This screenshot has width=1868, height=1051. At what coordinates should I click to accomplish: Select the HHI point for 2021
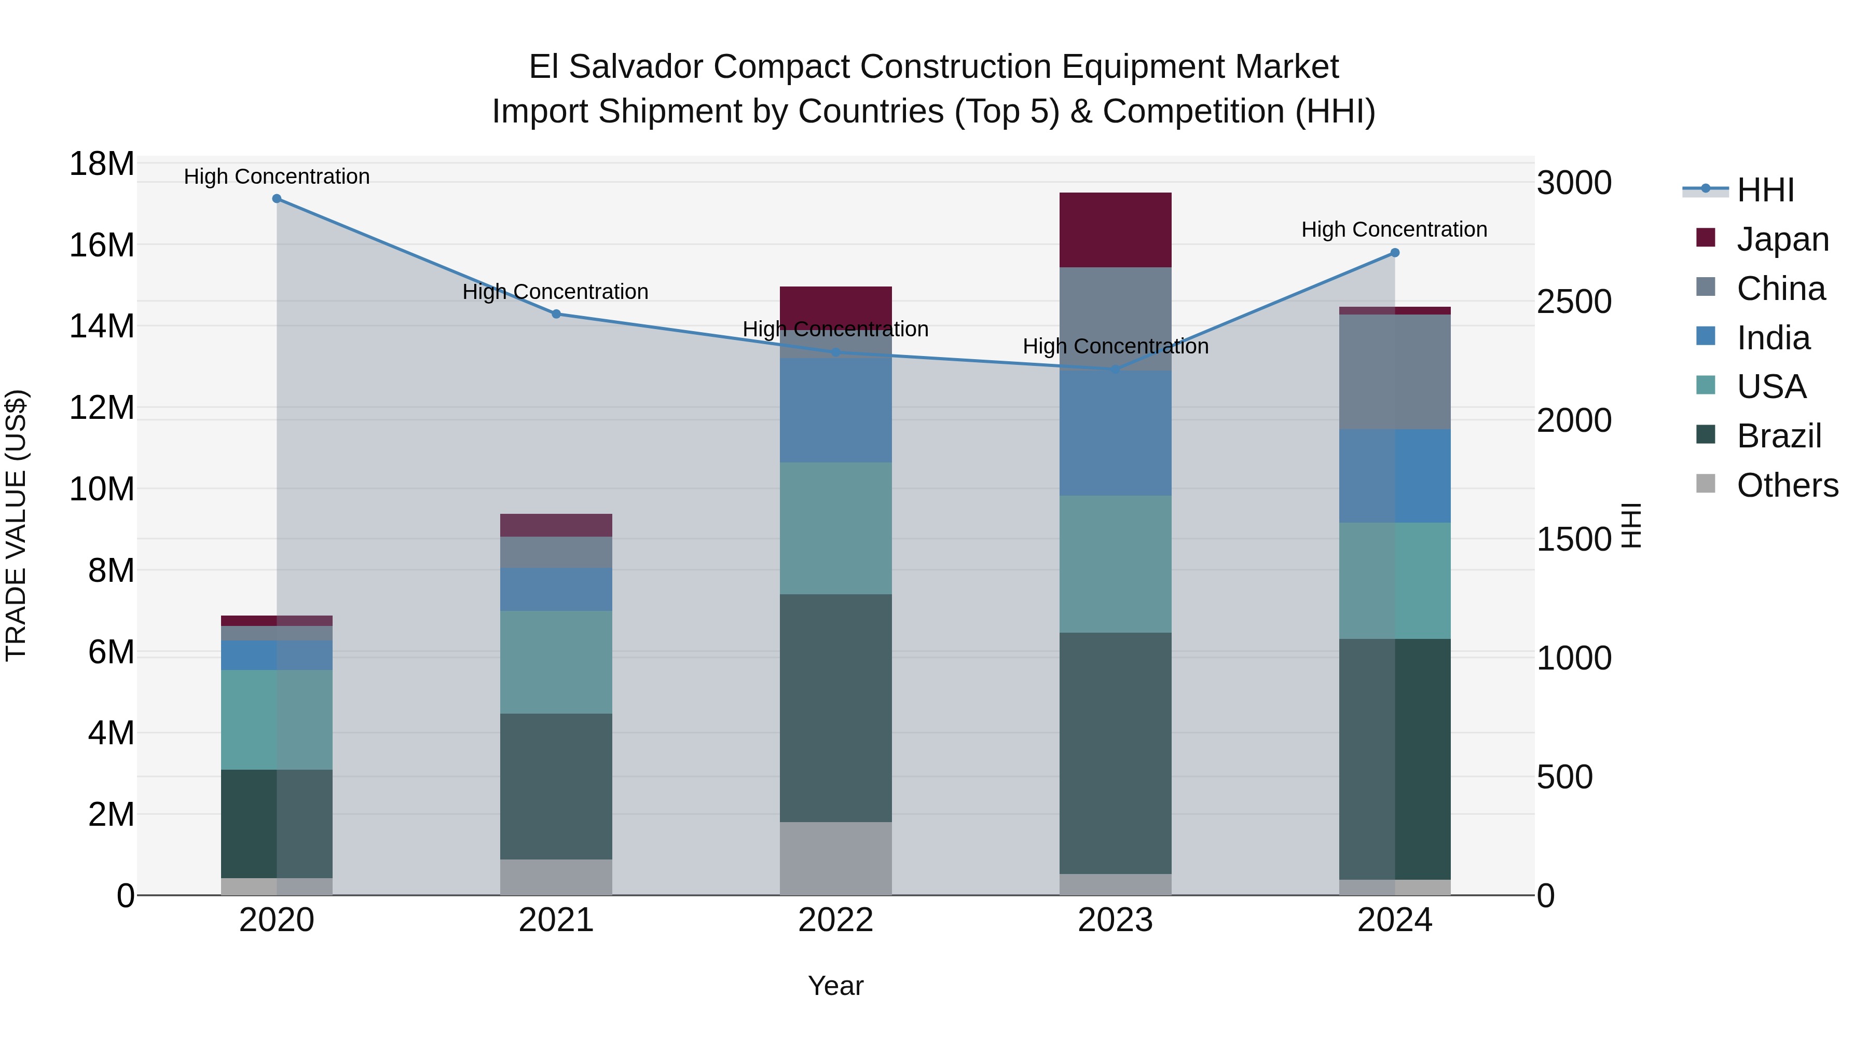pyautogui.click(x=556, y=314)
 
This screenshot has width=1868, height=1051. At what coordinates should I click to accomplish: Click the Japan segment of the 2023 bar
pyautogui.click(x=1115, y=230)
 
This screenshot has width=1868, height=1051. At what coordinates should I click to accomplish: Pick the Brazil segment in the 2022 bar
pyautogui.click(x=835, y=708)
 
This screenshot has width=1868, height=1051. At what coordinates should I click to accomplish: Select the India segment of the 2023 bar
pyautogui.click(x=1115, y=433)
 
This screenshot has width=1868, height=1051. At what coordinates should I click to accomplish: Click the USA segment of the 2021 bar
pyautogui.click(x=556, y=662)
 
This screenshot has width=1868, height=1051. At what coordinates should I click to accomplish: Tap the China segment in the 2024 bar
pyautogui.click(x=1394, y=372)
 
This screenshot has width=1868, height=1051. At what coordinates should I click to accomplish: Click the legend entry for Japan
pyautogui.click(x=1782, y=239)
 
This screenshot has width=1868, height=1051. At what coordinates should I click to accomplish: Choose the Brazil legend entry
pyautogui.click(x=1778, y=436)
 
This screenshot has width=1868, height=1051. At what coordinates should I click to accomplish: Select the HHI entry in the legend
pyautogui.click(x=1765, y=190)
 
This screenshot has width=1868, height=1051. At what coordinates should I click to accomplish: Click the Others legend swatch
pyautogui.click(x=1706, y=484)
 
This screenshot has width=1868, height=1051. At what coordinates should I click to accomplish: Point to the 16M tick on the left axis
pyautogui.click(x=102, y=245)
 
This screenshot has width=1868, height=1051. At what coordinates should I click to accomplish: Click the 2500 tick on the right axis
pyautogui.click(x=1574, y=302)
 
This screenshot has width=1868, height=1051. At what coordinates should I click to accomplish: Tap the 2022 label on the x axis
pyautogui.click(x=835, y=920)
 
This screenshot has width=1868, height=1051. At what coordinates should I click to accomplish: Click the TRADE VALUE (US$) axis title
pyautogui.click(x=16, y=525)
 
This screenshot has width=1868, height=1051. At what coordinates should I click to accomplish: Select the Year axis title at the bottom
pyautogui.click(x=835, y=986)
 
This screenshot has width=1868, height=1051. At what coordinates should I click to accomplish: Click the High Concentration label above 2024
pyautogui.click(x=1394, y=229)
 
